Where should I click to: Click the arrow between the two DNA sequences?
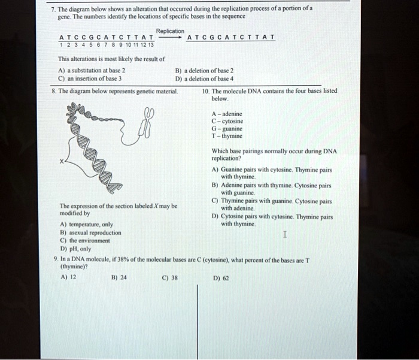point(171,37)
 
